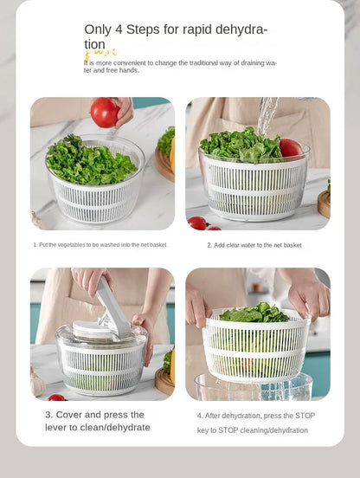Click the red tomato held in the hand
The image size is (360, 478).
tap(105, 112)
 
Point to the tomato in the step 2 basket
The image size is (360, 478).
tap(291, 148)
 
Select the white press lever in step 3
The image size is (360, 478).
tap(112, 303)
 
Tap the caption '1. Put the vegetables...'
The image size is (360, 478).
tap(100, 245)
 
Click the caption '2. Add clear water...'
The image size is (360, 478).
tap(254, 245)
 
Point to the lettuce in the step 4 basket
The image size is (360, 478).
tap(254, 313)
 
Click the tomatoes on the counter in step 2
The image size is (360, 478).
tap(199, 223)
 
